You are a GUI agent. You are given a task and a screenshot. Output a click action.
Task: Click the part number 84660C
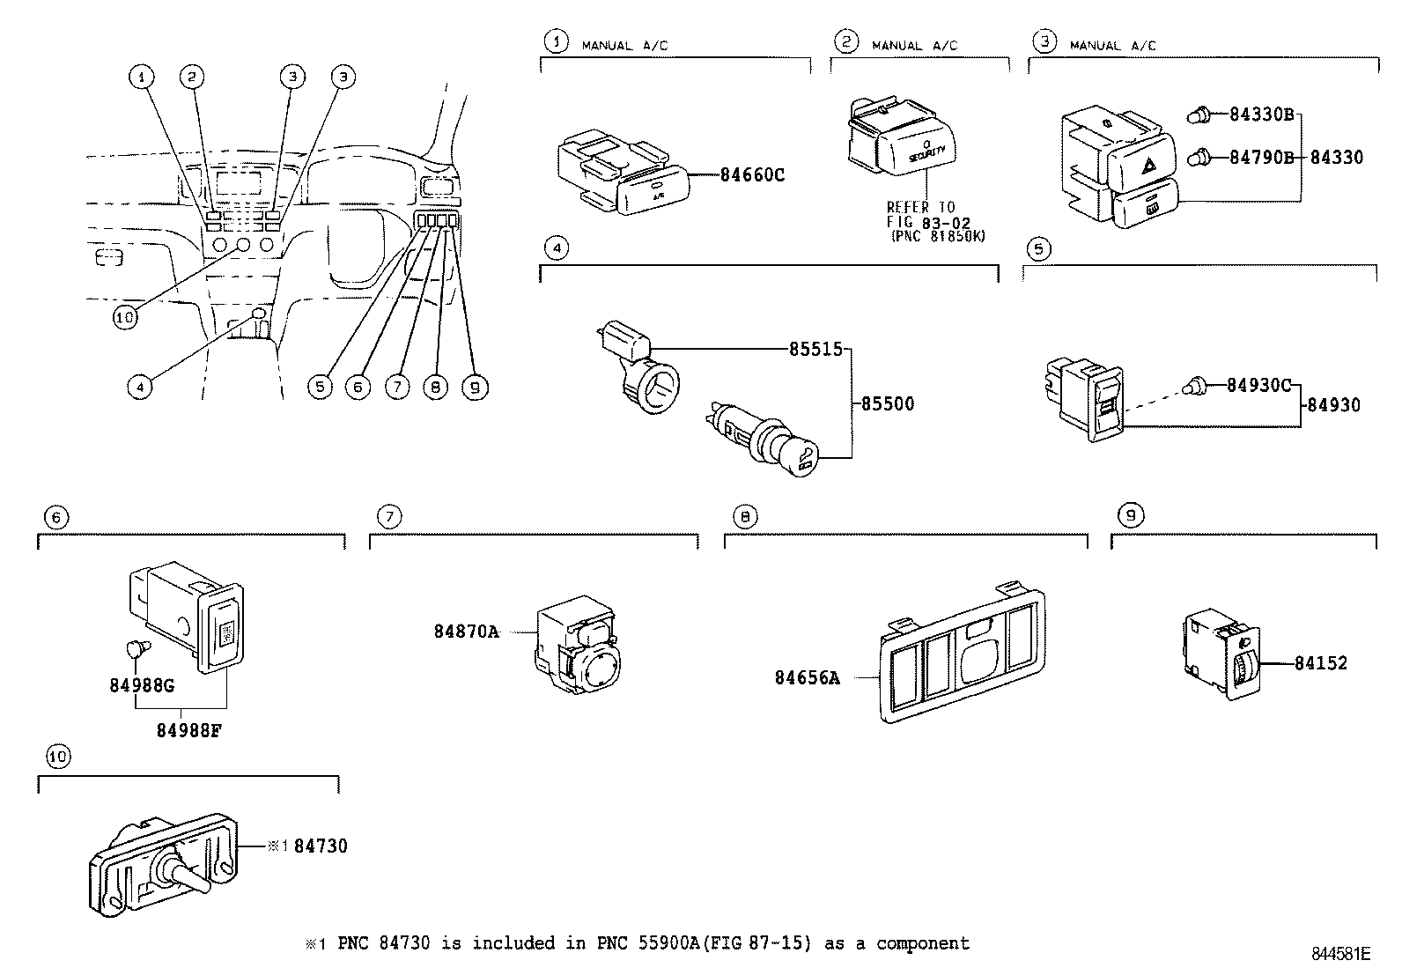[751, 174]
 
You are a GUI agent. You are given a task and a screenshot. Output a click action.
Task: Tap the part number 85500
[887, 403]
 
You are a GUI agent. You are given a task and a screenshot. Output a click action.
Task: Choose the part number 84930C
[1258, 386]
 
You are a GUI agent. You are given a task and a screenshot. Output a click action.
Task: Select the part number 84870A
[465, 632]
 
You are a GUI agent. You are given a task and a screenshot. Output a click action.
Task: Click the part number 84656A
[807, 677]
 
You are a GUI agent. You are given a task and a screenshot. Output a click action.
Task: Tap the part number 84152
[1320, 663]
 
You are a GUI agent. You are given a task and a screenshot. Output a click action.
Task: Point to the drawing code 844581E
[1340, 953]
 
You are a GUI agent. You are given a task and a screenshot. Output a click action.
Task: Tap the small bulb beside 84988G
[136, 649]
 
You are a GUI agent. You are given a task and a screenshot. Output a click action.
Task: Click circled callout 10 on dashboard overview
[126, 318]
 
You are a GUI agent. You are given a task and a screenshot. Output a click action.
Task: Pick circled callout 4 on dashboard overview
[138, 386]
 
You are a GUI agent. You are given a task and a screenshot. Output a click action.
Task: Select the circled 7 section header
[388, 516]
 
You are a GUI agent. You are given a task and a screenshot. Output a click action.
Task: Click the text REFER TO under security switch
[919, 207]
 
